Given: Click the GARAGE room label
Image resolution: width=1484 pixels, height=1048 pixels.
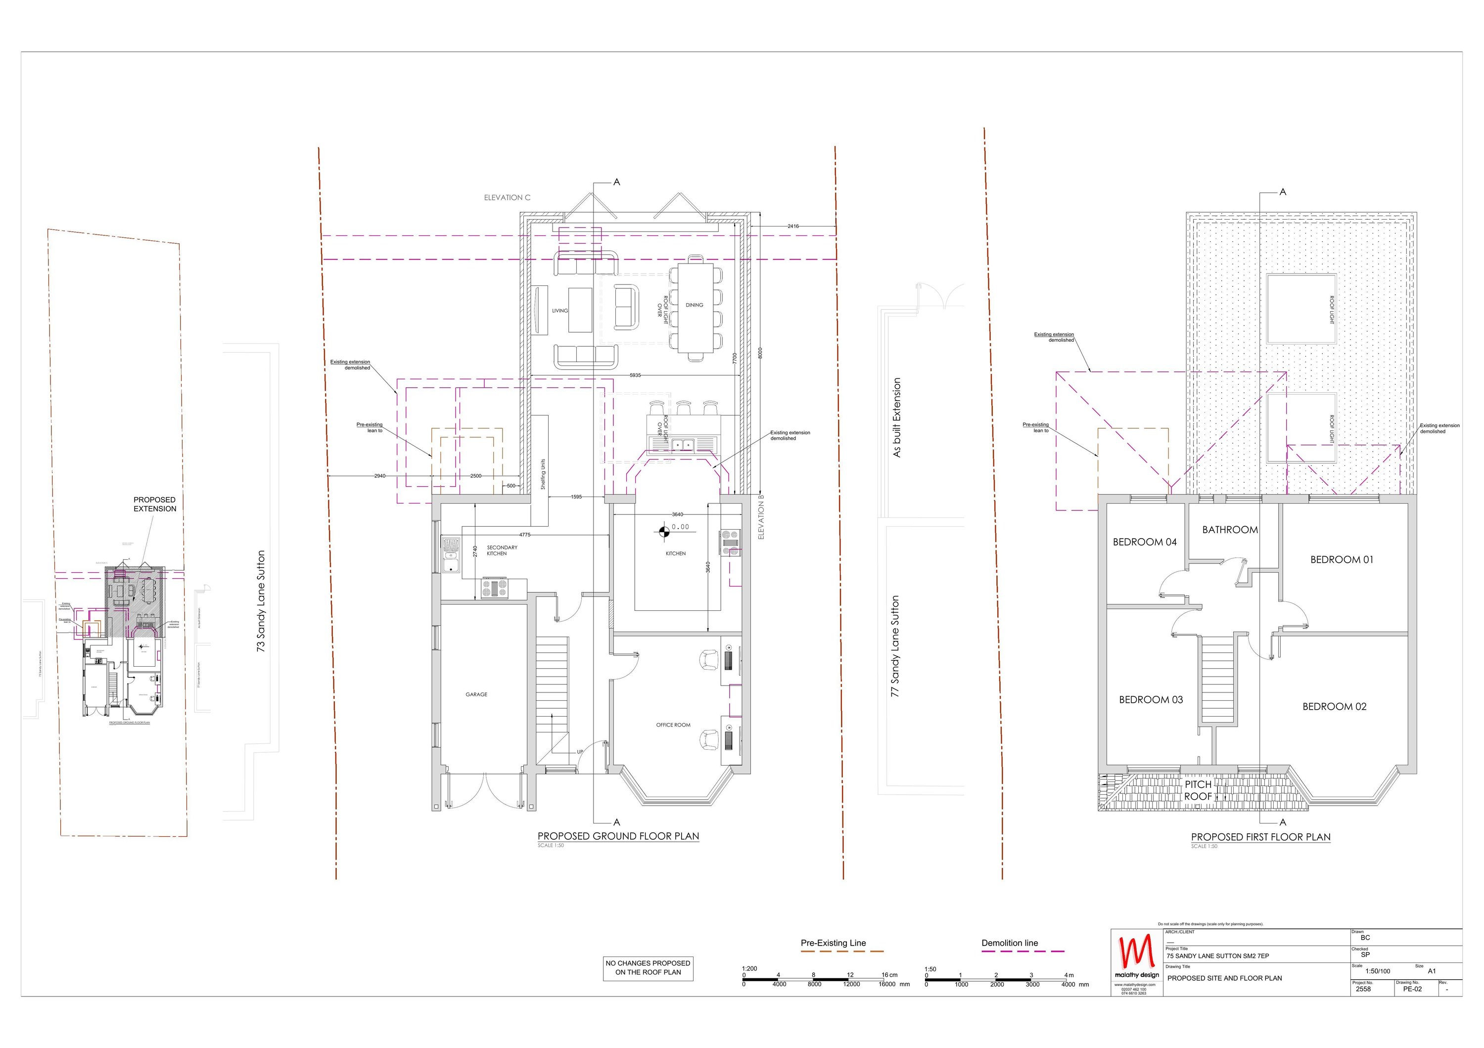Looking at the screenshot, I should click(476, 694).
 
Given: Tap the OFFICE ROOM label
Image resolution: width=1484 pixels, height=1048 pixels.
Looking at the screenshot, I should click(673, 725).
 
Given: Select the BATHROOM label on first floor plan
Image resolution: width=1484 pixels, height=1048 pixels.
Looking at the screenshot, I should click(1229, 530).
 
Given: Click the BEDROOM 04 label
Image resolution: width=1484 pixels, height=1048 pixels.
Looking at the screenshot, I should click(1145, 542).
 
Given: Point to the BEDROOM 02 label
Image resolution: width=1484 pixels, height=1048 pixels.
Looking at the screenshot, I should click(1334, 707).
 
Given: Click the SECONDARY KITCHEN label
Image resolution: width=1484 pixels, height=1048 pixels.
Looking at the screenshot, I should click(502, 550).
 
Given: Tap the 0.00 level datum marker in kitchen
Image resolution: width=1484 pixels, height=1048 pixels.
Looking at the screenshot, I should click(664, 532).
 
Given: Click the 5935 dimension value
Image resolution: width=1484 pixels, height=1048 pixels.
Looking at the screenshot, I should click(635, 375).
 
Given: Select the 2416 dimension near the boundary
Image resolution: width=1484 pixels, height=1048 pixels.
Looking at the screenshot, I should click(793, 226).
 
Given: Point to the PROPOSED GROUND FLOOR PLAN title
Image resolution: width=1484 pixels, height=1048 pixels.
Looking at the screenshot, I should click(618, 836).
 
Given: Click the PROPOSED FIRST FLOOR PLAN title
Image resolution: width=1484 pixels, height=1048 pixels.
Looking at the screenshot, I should click(1260, 837).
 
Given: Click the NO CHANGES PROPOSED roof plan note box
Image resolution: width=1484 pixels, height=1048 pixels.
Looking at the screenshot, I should click(648, 967).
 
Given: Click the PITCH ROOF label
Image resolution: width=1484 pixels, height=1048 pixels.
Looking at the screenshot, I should click(1198, 790).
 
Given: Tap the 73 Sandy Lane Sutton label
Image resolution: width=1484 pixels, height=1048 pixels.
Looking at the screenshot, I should click(261, 601).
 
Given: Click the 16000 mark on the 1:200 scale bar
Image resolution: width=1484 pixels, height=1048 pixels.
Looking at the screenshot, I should click(887, 985).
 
